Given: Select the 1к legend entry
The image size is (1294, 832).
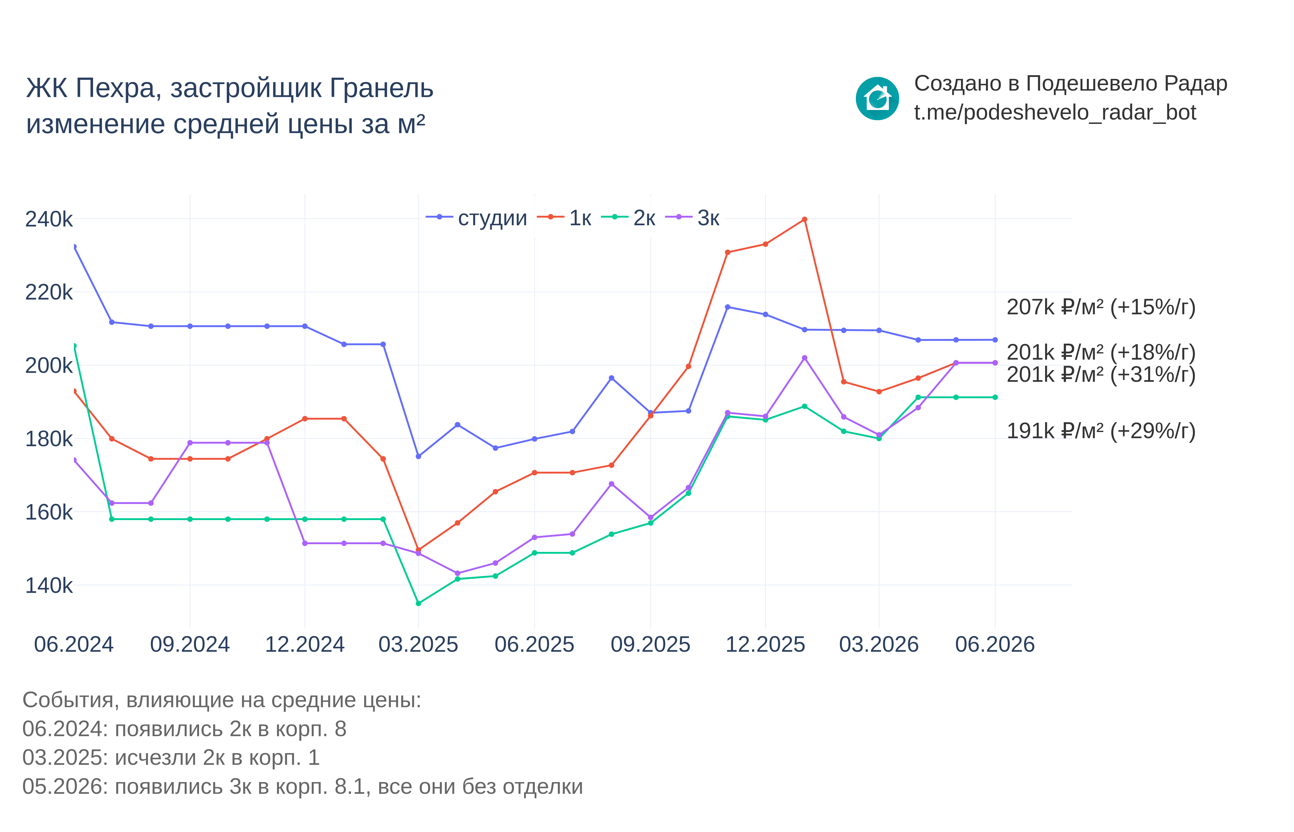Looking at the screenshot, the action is (564, 218).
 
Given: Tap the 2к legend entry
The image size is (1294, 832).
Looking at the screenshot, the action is (628, 218).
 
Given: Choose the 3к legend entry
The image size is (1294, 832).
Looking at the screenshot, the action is (692, 218).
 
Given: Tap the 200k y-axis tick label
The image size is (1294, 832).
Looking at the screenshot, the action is (49, 366).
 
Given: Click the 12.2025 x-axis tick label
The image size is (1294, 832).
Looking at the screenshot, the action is (765, 645).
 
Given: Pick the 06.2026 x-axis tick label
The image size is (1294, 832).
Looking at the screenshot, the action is (995, 645).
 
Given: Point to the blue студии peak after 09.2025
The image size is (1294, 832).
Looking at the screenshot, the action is (727, 307).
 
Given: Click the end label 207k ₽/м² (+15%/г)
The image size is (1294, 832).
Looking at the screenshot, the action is (1101, 307).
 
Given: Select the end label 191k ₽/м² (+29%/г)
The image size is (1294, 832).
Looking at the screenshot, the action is (1101, 431).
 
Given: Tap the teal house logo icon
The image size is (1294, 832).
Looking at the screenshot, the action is (877, 98).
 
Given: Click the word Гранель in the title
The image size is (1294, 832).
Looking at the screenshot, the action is (381, 88).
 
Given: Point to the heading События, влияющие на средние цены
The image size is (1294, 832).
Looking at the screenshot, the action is (222, 700).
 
